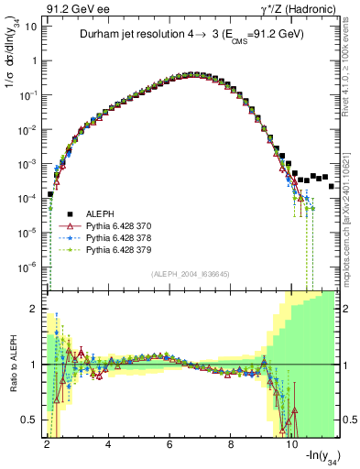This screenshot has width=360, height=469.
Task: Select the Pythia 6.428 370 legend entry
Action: point(111,224)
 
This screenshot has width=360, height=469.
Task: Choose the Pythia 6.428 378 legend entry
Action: point(111,236)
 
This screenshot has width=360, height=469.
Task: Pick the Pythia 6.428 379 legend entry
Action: point(111,249)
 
